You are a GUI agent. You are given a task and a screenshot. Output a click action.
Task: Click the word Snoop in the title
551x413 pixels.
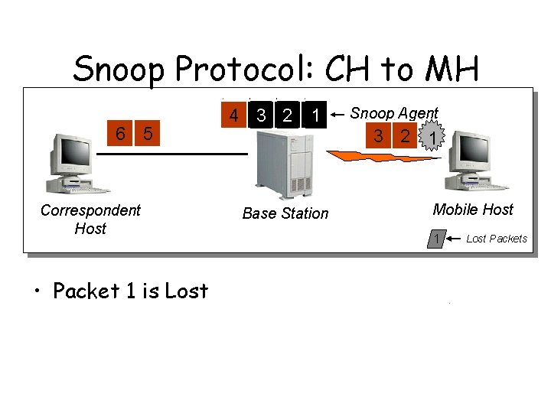(119, 70)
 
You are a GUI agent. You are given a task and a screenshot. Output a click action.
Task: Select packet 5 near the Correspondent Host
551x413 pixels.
(148, 134)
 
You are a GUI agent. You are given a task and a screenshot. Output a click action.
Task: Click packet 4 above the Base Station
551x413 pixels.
(233, 116)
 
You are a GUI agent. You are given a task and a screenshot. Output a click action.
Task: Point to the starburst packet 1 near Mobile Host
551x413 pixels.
(434, 138)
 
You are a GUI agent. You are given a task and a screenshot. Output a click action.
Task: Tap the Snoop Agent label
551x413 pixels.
(394, 114)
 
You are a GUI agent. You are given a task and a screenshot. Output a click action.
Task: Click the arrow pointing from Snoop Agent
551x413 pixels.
(337, 115)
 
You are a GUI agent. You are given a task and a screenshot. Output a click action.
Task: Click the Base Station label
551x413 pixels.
(285, 213)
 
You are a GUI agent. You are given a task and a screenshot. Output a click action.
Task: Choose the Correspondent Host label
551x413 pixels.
(90, 219)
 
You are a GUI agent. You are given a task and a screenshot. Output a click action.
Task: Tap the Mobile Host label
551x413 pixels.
(473, 210)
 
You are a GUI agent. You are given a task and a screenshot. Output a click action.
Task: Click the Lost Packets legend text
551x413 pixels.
(497, 239)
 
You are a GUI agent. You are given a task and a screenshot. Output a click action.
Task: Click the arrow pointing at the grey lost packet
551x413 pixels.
(455, 239)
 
